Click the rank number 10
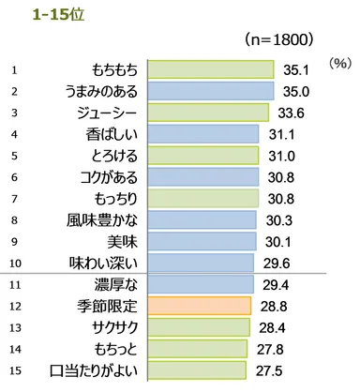15,262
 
